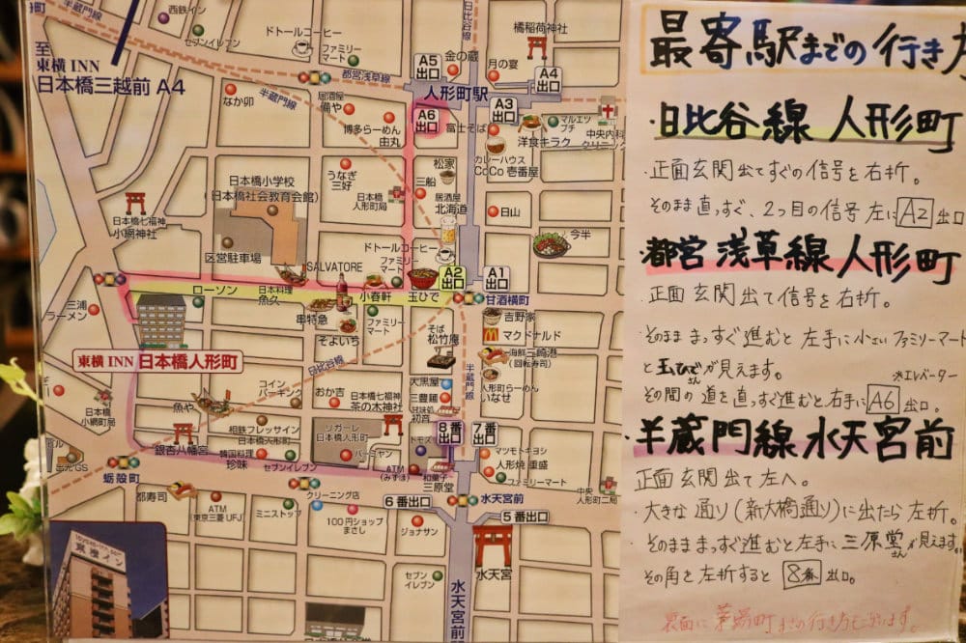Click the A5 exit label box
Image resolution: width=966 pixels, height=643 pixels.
click(x=427, y=66)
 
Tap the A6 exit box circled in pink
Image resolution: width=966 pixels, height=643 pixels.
click(x=426, y=120)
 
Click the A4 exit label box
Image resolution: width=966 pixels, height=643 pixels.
click(x=549, y=78)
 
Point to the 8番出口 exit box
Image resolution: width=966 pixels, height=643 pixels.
click(x=449, y=432)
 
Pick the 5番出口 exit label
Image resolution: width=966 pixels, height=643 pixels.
click(x=525, y=517)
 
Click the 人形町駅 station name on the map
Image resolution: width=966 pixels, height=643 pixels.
click(x=454, y=92)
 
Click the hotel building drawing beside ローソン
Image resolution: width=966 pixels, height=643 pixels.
click(x=160, y=320)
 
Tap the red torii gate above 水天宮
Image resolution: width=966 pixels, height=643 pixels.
click(x=493, y=544)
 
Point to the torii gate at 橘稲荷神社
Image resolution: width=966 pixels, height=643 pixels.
click(x=537, y=45)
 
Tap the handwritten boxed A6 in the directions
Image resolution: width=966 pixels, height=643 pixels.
click(x=883, y=399)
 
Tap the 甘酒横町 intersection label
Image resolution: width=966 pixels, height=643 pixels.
click(x=506, y=299)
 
